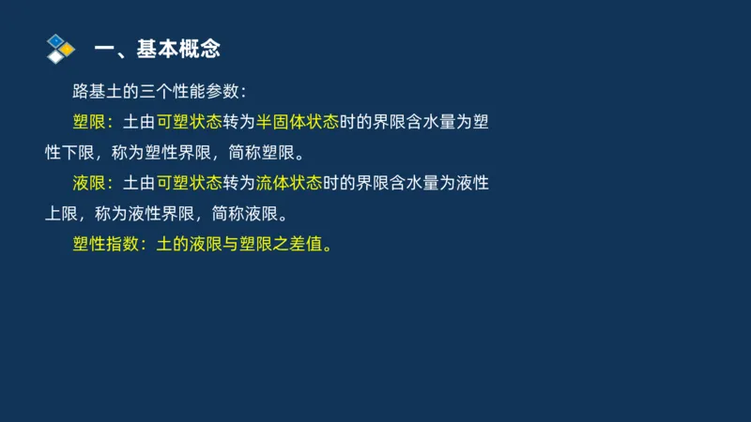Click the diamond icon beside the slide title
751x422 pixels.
pyautogui.click(x=60, y=48)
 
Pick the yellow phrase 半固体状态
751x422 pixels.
pyautogui.click(x=290, y=123)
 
